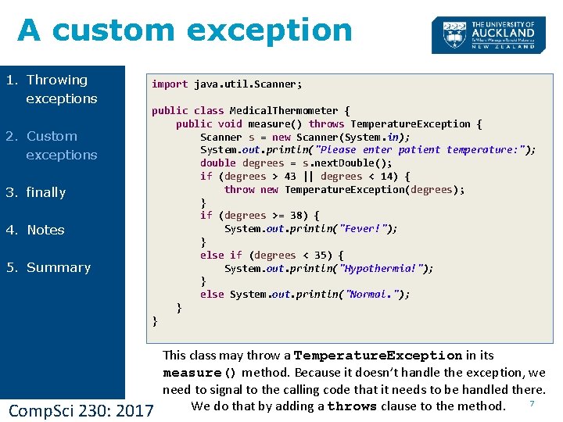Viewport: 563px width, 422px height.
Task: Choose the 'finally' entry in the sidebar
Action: (46, 192)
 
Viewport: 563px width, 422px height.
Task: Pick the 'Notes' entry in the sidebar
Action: (45, 230)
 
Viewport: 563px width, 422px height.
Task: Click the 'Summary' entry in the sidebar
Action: (58, 267)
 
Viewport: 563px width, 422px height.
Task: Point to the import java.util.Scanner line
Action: (227, 84)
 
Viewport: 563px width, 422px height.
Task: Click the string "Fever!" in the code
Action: (367, 229)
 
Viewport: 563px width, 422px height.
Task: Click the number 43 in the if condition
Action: (290, 177)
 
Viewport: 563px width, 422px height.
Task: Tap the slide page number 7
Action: (532, 403)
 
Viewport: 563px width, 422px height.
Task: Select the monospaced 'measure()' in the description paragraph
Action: (199, 373)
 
